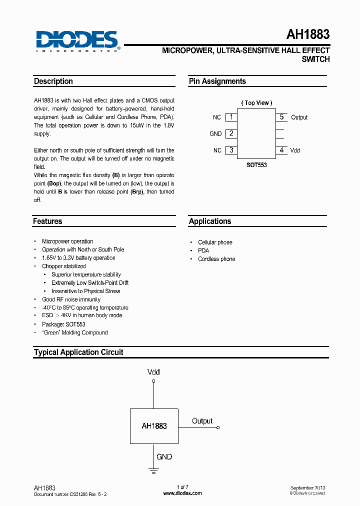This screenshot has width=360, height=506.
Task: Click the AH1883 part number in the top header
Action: [307, 34]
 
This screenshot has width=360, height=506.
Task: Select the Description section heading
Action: [53, 81]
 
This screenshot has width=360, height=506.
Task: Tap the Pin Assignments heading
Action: [217, 81]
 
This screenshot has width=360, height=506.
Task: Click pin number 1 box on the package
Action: [231, 117]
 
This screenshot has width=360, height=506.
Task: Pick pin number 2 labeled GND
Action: [231, 133]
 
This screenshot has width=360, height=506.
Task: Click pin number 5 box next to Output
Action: [281, 117]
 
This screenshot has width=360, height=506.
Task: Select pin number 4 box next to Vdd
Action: [281, 150]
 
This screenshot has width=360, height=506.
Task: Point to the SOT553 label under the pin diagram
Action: [256, 164]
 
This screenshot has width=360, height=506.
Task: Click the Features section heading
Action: [47, 221]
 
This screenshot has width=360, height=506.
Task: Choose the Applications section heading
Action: [210, 221]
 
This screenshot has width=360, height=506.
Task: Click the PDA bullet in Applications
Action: [203, 250]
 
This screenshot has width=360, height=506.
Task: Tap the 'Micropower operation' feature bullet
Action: [67, 241]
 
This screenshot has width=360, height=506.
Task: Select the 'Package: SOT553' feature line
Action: [63, 324]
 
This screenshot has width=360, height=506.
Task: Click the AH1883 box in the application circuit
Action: [154, 426]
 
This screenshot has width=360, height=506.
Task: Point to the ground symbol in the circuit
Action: [154, 470]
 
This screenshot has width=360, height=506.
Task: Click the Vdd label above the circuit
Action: [153, 372]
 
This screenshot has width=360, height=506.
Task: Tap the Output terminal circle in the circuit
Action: [218, 427]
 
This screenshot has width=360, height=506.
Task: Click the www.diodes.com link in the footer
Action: [182, 493]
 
